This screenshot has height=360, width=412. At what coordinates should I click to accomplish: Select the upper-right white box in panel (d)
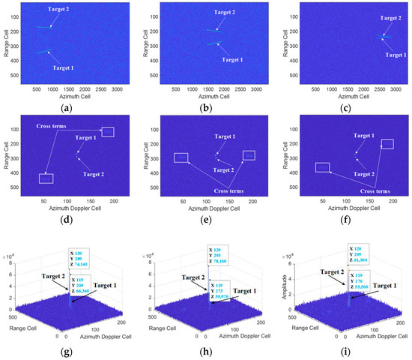coord(108,132)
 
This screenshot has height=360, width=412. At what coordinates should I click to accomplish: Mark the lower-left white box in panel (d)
coord(46,178)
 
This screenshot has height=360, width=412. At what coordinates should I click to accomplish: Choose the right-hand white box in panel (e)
coord(249,155)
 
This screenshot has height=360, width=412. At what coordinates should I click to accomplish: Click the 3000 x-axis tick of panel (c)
coord(394,88)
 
